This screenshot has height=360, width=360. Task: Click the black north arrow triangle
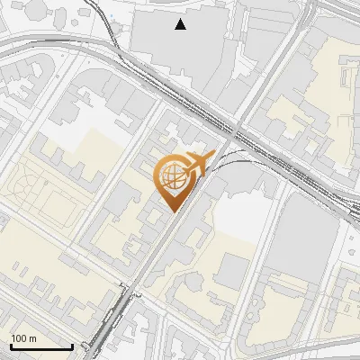point(181,24)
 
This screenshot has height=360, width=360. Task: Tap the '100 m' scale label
point(24,338)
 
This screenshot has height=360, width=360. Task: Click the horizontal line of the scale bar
point(41,346)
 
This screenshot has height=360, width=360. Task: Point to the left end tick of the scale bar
point(11,345)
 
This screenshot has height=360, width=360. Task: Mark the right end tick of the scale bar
point(72,345)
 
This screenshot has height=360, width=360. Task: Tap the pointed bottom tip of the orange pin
point(171,212)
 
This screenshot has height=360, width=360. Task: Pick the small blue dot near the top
point(112,19)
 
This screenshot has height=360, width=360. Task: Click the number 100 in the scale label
point(20,338)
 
